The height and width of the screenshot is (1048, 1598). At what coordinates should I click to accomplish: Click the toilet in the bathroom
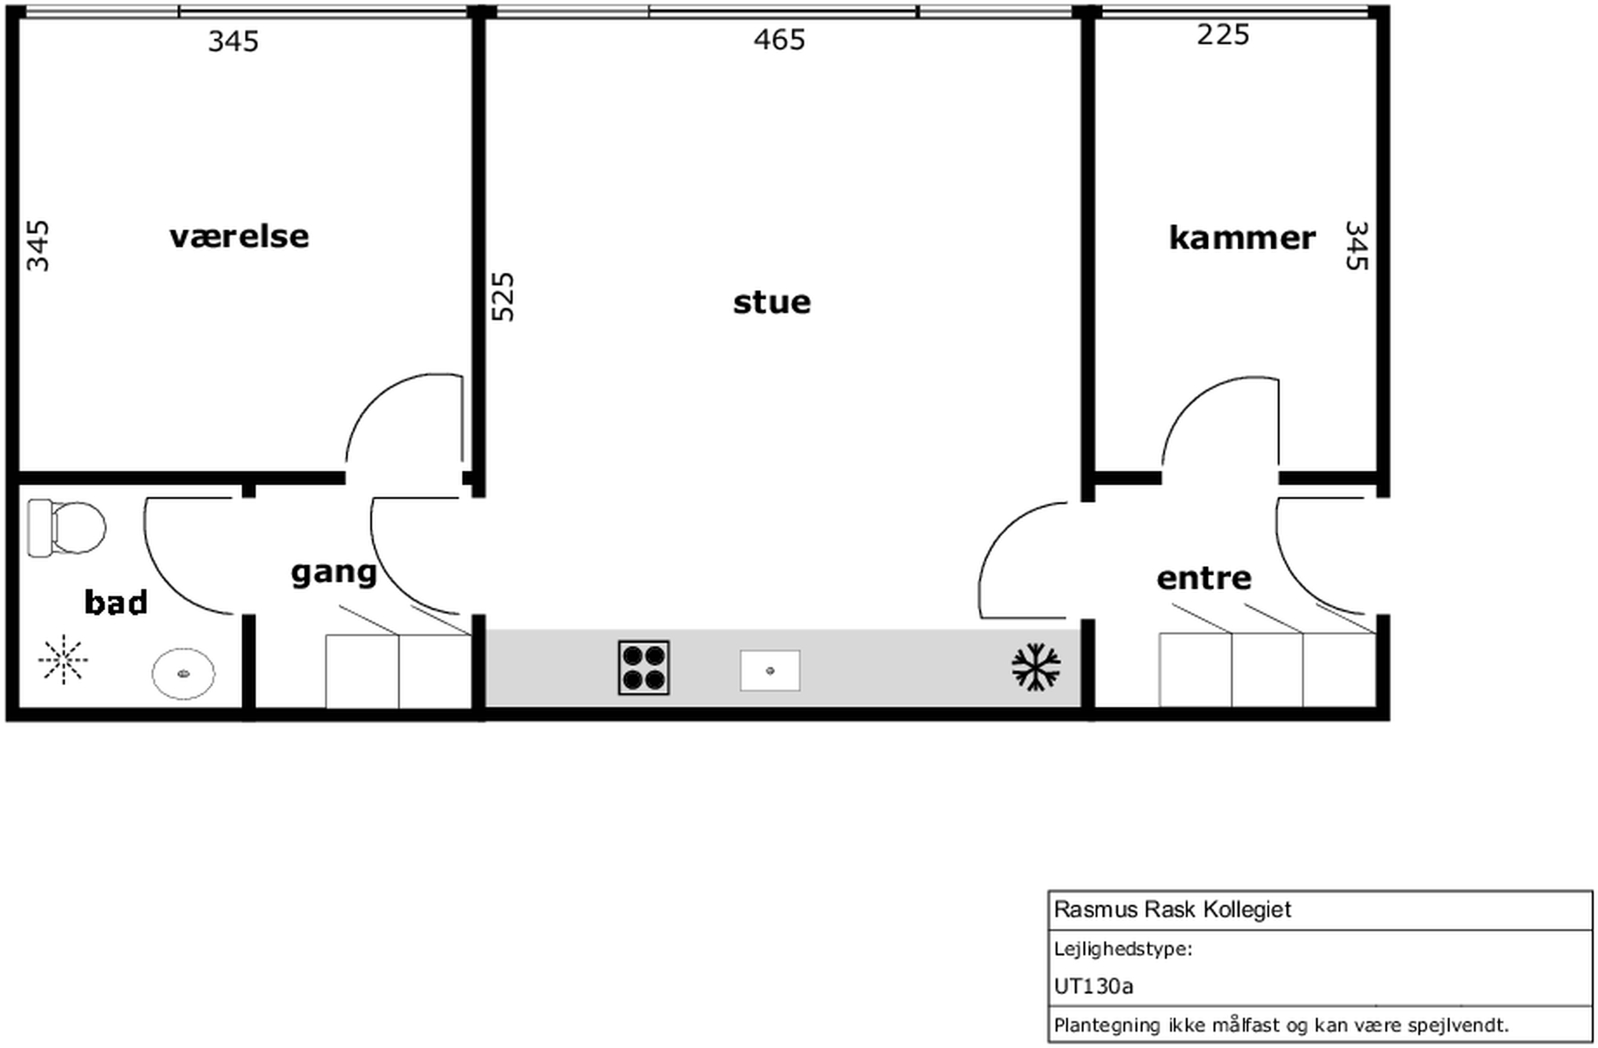(x=66, y=528)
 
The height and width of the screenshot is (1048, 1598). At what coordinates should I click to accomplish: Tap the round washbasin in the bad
(x=183, y=673)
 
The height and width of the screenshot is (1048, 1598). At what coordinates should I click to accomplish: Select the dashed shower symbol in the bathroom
(x=63, y=660)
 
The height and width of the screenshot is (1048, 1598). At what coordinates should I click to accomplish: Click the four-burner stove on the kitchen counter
(x=644, y=668)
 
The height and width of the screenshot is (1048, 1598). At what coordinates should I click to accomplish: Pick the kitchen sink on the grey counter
(x=770, y=670)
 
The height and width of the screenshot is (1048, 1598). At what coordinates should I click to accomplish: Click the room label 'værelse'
(x=239, y=237)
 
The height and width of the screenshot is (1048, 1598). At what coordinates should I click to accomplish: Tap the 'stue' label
(x=772, y=303)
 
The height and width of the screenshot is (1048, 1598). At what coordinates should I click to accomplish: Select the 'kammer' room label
(x=1242, y=238)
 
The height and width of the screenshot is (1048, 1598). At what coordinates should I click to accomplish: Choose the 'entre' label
(x=1204, y=578)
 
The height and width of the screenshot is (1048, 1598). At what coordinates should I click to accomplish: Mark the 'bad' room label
(x=116, y=602)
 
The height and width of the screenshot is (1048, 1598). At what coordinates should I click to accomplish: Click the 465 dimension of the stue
(x=779, y=40)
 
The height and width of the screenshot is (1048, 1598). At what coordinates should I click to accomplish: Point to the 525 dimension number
(x=503, y=297)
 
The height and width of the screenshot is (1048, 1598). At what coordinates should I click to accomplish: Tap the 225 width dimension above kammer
(x=1223, y=34)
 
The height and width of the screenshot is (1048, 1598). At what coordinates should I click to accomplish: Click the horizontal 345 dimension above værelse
(x=233, y=42)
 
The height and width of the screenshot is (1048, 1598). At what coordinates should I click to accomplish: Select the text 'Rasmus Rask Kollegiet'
(x=1172, y=910)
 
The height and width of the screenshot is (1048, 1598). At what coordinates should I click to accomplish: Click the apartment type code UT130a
(x=1093, y=986)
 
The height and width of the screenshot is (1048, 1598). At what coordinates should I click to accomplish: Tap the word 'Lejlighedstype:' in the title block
(x=1122, y=949)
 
